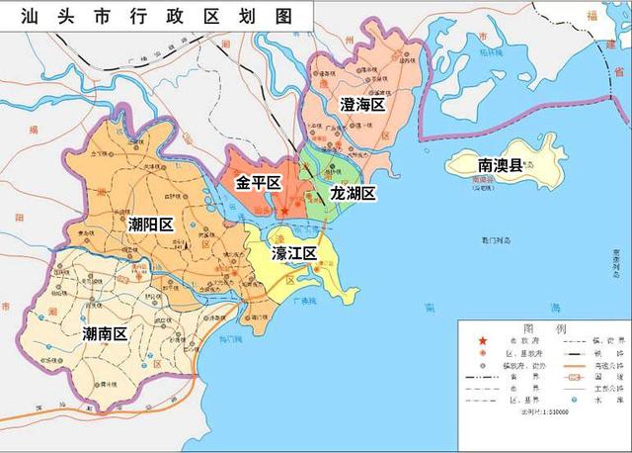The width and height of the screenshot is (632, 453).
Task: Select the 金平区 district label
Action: coord(258,184)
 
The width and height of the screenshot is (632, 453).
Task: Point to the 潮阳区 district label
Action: coord(150,225)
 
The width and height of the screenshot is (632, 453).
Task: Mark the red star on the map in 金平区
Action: coord(284,210)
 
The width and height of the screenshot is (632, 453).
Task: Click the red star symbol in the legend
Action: coord(482,342)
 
